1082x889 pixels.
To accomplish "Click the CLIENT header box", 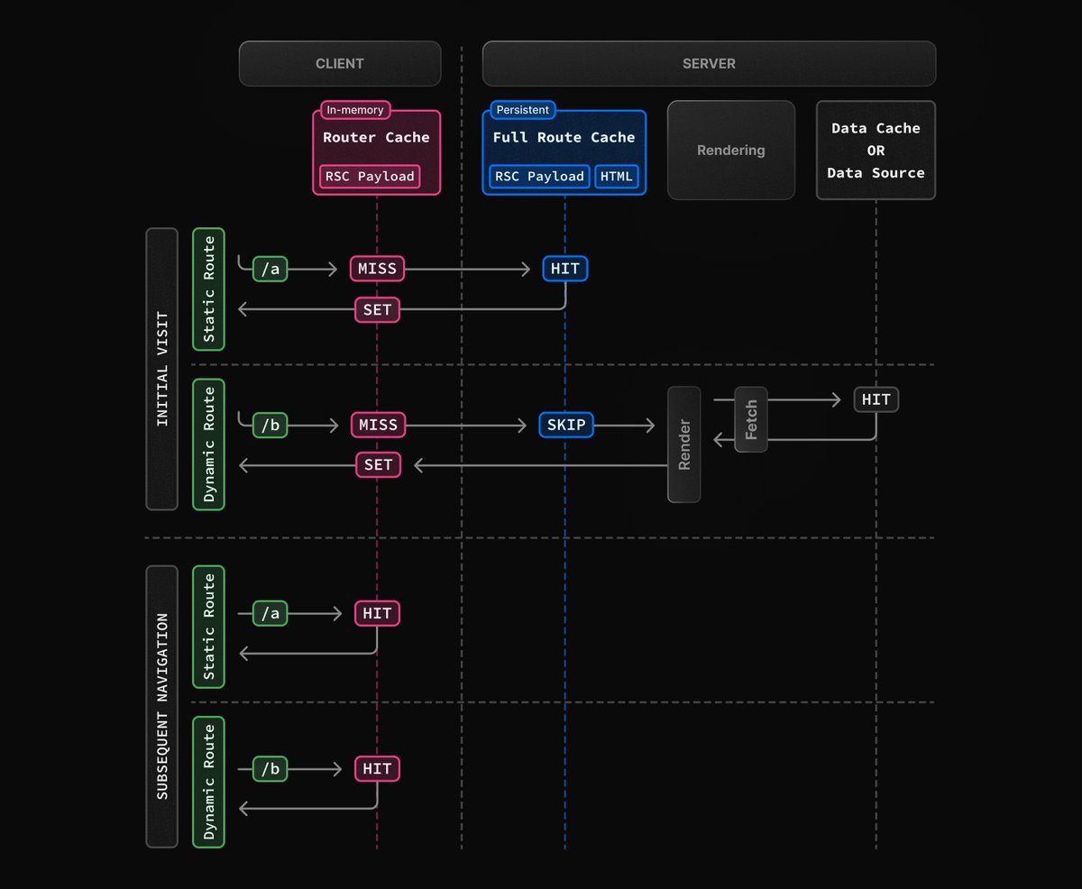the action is (x=340, y=64).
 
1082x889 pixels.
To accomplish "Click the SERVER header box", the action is (x=709, y=64).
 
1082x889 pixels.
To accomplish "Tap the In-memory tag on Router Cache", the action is (x=355, y=110).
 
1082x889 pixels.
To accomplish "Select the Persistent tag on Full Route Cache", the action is (x=522, y=110).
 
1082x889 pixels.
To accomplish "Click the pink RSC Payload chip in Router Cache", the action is (x=370, y=177).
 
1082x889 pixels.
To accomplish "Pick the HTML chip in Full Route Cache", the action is (x=616, y=177).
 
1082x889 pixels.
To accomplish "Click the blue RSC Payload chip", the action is (x=539, y=177).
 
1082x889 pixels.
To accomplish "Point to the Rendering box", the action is (x=731, y=151).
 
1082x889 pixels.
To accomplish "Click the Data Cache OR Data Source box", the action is (x=876, y=151).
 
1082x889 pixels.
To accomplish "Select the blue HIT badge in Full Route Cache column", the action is (x=564, y=269).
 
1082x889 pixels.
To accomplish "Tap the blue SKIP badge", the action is (x=566, y=425).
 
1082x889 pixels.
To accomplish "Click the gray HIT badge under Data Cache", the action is (x=876, y=399).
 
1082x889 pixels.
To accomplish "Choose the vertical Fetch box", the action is (x=751, y=419).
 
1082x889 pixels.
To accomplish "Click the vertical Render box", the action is (x=683, y=444).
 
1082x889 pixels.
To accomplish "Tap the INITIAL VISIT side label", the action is (x=162, y=369).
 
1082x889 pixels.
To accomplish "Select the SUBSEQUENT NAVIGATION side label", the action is (x=162, y=706).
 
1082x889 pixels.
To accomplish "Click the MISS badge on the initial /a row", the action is (x=377, y=269).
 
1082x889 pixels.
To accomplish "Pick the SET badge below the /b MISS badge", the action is (x=378, y=464).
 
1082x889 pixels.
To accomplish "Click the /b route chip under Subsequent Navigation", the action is (x=270, y=769).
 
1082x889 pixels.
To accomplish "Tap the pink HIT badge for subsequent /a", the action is (x=377, y=613).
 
